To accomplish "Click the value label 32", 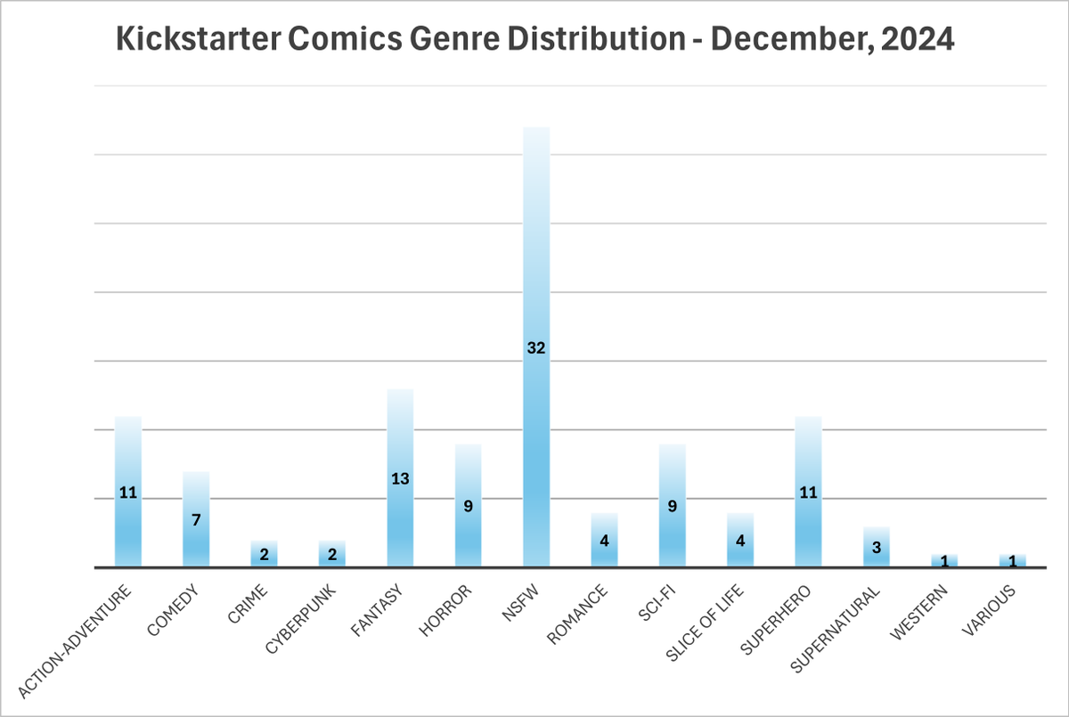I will [x=535, y=348].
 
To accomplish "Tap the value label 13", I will [x=400, y=478].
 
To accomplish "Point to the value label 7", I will [x=196, y=519].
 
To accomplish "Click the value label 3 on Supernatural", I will [x=876, y=547].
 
